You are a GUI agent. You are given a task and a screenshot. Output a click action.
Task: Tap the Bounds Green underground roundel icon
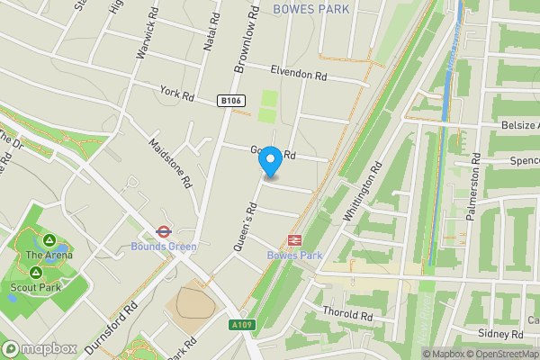163,230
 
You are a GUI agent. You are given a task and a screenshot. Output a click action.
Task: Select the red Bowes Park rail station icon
293,239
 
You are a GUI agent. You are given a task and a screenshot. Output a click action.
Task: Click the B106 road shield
229,103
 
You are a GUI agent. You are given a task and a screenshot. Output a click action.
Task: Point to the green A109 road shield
240,324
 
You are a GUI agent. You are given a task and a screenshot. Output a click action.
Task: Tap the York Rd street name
176,94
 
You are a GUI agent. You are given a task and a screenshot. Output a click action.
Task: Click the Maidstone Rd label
170,162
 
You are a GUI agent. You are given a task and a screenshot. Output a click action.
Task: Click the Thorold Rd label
347,315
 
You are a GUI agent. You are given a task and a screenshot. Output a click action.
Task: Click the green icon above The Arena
49,240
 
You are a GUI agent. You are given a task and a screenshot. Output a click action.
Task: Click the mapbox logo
39,348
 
